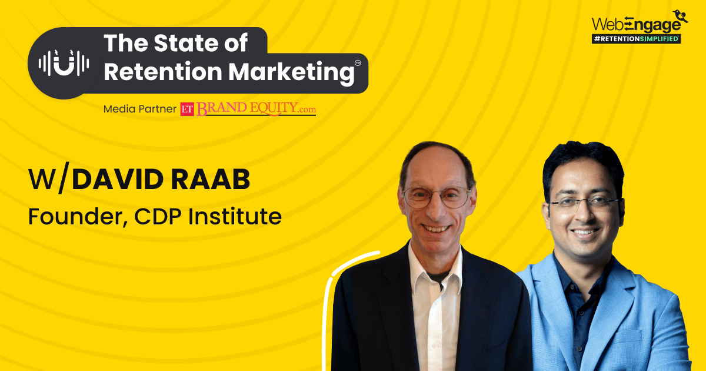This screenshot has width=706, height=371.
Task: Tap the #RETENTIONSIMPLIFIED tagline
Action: (636, 38)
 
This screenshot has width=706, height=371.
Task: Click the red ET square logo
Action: (187, 109)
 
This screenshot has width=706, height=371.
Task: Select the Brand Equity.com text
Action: (256, 109)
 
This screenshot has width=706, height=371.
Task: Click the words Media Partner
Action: (139, 109)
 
